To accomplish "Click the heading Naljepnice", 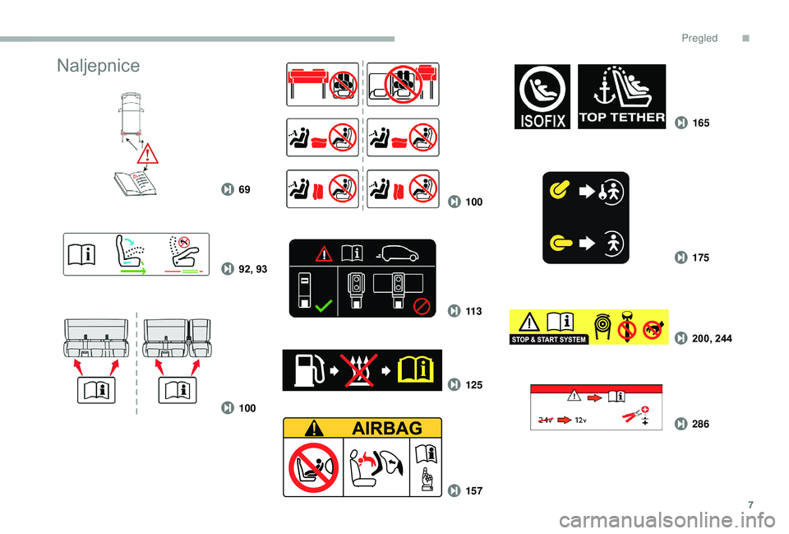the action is [98, 66].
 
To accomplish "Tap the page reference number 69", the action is [244, 189].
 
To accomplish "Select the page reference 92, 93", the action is [252, 269].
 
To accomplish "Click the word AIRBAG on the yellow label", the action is [387, 428].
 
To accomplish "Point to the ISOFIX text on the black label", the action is [542, 121].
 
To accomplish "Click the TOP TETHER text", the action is [622, 118].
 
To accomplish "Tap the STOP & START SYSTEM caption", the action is [548, 340].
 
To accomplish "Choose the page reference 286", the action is [700, 425].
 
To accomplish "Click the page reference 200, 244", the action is [712, 338].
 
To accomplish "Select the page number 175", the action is [700, 258].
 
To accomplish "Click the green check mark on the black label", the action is [323, 305].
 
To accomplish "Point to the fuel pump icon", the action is [308, 370].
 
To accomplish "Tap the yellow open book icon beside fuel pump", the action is [415, 370].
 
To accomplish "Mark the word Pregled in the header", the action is [699, 39].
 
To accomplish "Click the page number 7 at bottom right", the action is [750, 504].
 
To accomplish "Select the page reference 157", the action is [473, 490].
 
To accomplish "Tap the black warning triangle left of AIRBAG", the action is [313, 428].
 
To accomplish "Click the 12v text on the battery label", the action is [580, 420].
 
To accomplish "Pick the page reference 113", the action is [473, 311].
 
